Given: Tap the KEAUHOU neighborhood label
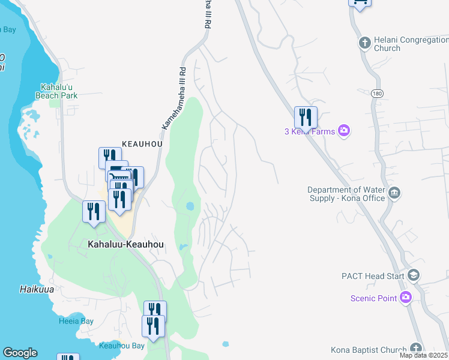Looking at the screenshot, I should click(143, 144).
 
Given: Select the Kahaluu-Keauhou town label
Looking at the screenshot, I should click(125, 245).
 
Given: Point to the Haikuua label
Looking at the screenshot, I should click(21, 289).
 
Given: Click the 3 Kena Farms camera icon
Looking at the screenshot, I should click(344, 130).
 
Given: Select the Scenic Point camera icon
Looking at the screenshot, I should click(406, 297).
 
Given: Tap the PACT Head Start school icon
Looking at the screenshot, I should click(413, 275).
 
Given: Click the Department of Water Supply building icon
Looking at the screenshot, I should click(394, 193).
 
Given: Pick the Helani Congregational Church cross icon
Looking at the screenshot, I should click(364, 43).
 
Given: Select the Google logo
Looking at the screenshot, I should click(20, 353).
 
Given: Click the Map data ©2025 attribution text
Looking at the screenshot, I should click(424, 355).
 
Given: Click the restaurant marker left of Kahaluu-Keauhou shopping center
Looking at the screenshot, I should click(94, 212).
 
